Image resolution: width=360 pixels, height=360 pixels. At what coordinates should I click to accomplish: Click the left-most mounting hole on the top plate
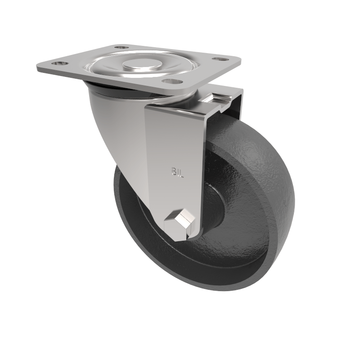(x=56, y=64)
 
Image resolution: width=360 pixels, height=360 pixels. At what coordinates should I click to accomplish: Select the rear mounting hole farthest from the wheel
(x=119, y=47)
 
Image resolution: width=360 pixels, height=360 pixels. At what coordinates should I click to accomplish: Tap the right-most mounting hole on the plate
(x=219, y=59)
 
